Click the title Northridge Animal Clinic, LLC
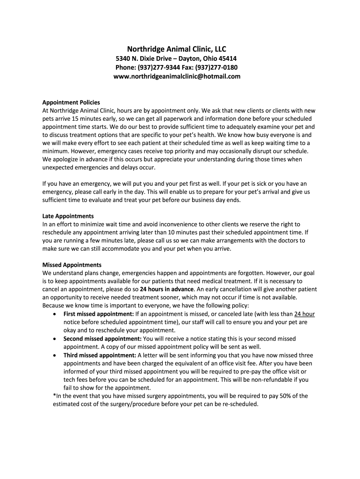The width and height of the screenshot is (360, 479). pos(177,49)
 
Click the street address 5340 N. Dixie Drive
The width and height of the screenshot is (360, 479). pos(144,59)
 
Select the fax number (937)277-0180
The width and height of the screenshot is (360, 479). pos(218,67)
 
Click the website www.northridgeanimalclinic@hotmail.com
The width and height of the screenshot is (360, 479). pos(177,76)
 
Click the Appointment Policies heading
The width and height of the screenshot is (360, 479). pos(71,102)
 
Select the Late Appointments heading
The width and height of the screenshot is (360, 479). pos(68,216)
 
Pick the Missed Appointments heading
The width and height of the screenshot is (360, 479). pos(72,265)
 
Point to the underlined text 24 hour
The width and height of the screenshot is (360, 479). pos(304,314)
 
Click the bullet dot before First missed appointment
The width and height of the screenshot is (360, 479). pos(56,314)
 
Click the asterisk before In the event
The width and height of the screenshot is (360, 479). pos(55,396)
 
